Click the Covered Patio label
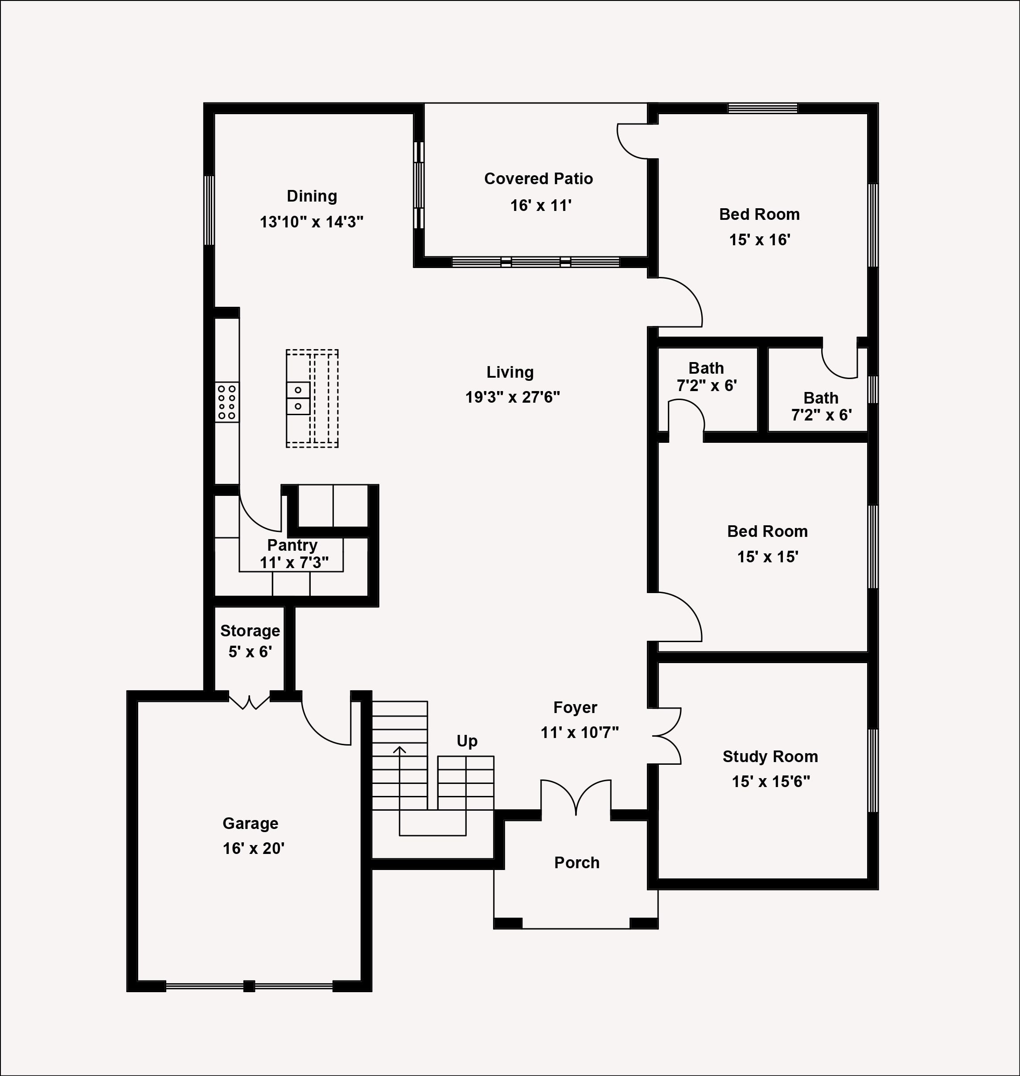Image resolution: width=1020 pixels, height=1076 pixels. [x=538, y=179]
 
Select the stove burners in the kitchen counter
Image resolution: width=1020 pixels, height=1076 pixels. [x=227, y=402]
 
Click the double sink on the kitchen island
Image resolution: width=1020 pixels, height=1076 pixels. [x=298, y=398]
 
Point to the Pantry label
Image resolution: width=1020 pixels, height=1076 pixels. [x=292, y=545]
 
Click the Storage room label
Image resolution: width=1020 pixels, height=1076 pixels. [x=250, y=631]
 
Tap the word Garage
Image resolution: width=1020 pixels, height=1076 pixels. [x=250, y=823]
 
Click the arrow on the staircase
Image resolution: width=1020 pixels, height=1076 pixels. [x=399, y=750]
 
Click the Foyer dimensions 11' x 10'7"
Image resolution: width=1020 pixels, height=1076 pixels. [x=580, y=733]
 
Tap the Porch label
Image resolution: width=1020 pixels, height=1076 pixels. [x=577, y=862]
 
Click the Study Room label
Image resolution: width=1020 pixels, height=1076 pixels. [x=770, y=756]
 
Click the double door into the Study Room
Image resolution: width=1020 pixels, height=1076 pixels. [x=667, y=736]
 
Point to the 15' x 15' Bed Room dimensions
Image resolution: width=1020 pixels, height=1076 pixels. [x=767, y=557]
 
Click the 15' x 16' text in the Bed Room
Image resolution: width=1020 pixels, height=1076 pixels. [x=759, y=240]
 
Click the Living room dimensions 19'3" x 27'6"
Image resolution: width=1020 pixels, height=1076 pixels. [x=512, y=397]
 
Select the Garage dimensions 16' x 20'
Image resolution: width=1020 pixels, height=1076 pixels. [x=253, y=848]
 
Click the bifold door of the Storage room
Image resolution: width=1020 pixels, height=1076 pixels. [x=249, y=702]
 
